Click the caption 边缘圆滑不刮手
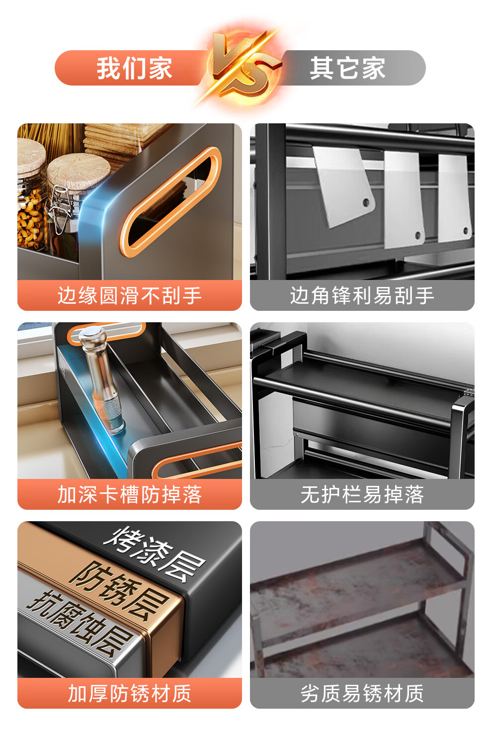(x=130, y=295)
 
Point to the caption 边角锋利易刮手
(x=362, y=295)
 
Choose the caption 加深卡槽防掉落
(x=130, y=494)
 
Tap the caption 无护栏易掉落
(x=362, y=494)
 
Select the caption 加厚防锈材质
(x=130, y=693)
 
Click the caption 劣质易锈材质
(x=362, y=693)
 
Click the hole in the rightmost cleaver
(x=465, y=230)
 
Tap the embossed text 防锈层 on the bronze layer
(x=118, y=591)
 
